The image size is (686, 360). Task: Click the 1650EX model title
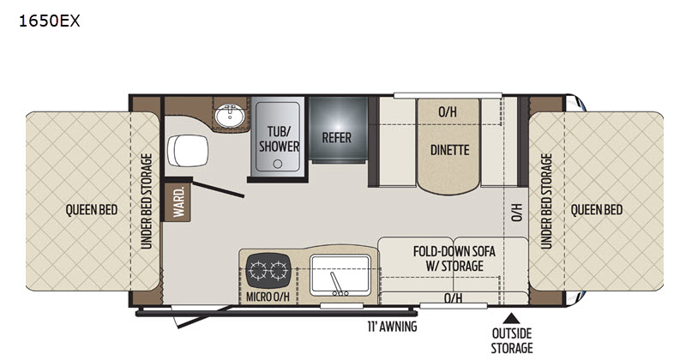coord(50,21)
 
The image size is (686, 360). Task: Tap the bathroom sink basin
coord(229,116)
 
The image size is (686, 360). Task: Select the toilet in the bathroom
coord(188,151)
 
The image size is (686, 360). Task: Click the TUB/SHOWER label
coord(280,139)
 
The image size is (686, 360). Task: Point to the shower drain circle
coord(278,164)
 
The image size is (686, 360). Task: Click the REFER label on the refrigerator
coord(336,138)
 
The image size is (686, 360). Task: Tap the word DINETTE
coord(449,150)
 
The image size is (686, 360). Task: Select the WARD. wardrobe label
coord(178,202)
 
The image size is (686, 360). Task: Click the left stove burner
coord(258,270)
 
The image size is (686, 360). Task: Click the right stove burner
coord(279,270)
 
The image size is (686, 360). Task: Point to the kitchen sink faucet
coord(337,284)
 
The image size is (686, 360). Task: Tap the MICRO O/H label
coord(268,297)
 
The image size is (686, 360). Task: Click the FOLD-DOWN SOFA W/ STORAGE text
coord(454,259)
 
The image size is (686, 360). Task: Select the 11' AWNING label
coord(392,327)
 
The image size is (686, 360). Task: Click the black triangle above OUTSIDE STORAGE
coord(511,318)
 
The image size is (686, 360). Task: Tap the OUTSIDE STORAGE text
coord(512,341)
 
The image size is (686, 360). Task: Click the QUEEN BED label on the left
coord(92,210)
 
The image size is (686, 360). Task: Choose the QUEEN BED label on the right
coord(596,210)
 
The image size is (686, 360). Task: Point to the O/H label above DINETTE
coord(448,112)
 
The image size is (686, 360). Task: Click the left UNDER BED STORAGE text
coord(147,201)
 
